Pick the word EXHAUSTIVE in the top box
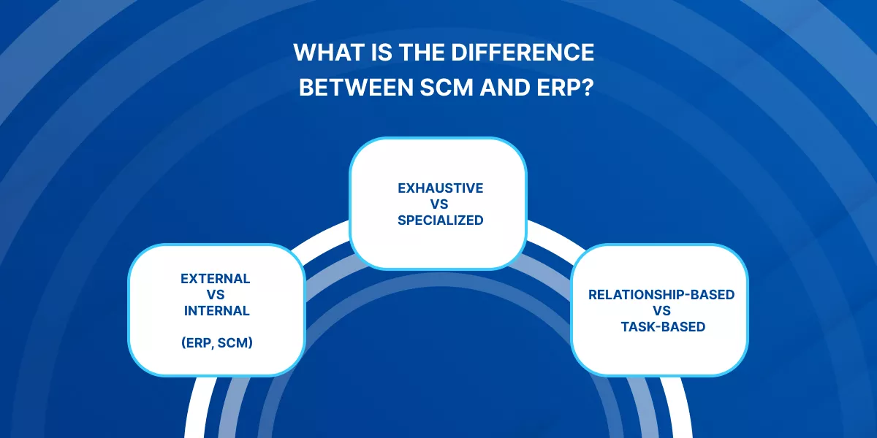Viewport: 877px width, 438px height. (440, 188)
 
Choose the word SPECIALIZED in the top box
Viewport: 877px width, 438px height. (440, 220)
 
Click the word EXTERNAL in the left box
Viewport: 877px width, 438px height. (216, 278)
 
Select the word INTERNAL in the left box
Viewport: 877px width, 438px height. (216, 310)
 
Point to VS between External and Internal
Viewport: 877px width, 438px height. (216, 294)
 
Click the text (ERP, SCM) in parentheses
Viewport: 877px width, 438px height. (216, 342)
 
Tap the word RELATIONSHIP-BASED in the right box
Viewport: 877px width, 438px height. (661, 295)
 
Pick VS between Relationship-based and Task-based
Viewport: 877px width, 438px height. (662, 311)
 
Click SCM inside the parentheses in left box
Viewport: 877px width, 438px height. (235, 342)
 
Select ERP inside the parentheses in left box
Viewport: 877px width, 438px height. (197, 342)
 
